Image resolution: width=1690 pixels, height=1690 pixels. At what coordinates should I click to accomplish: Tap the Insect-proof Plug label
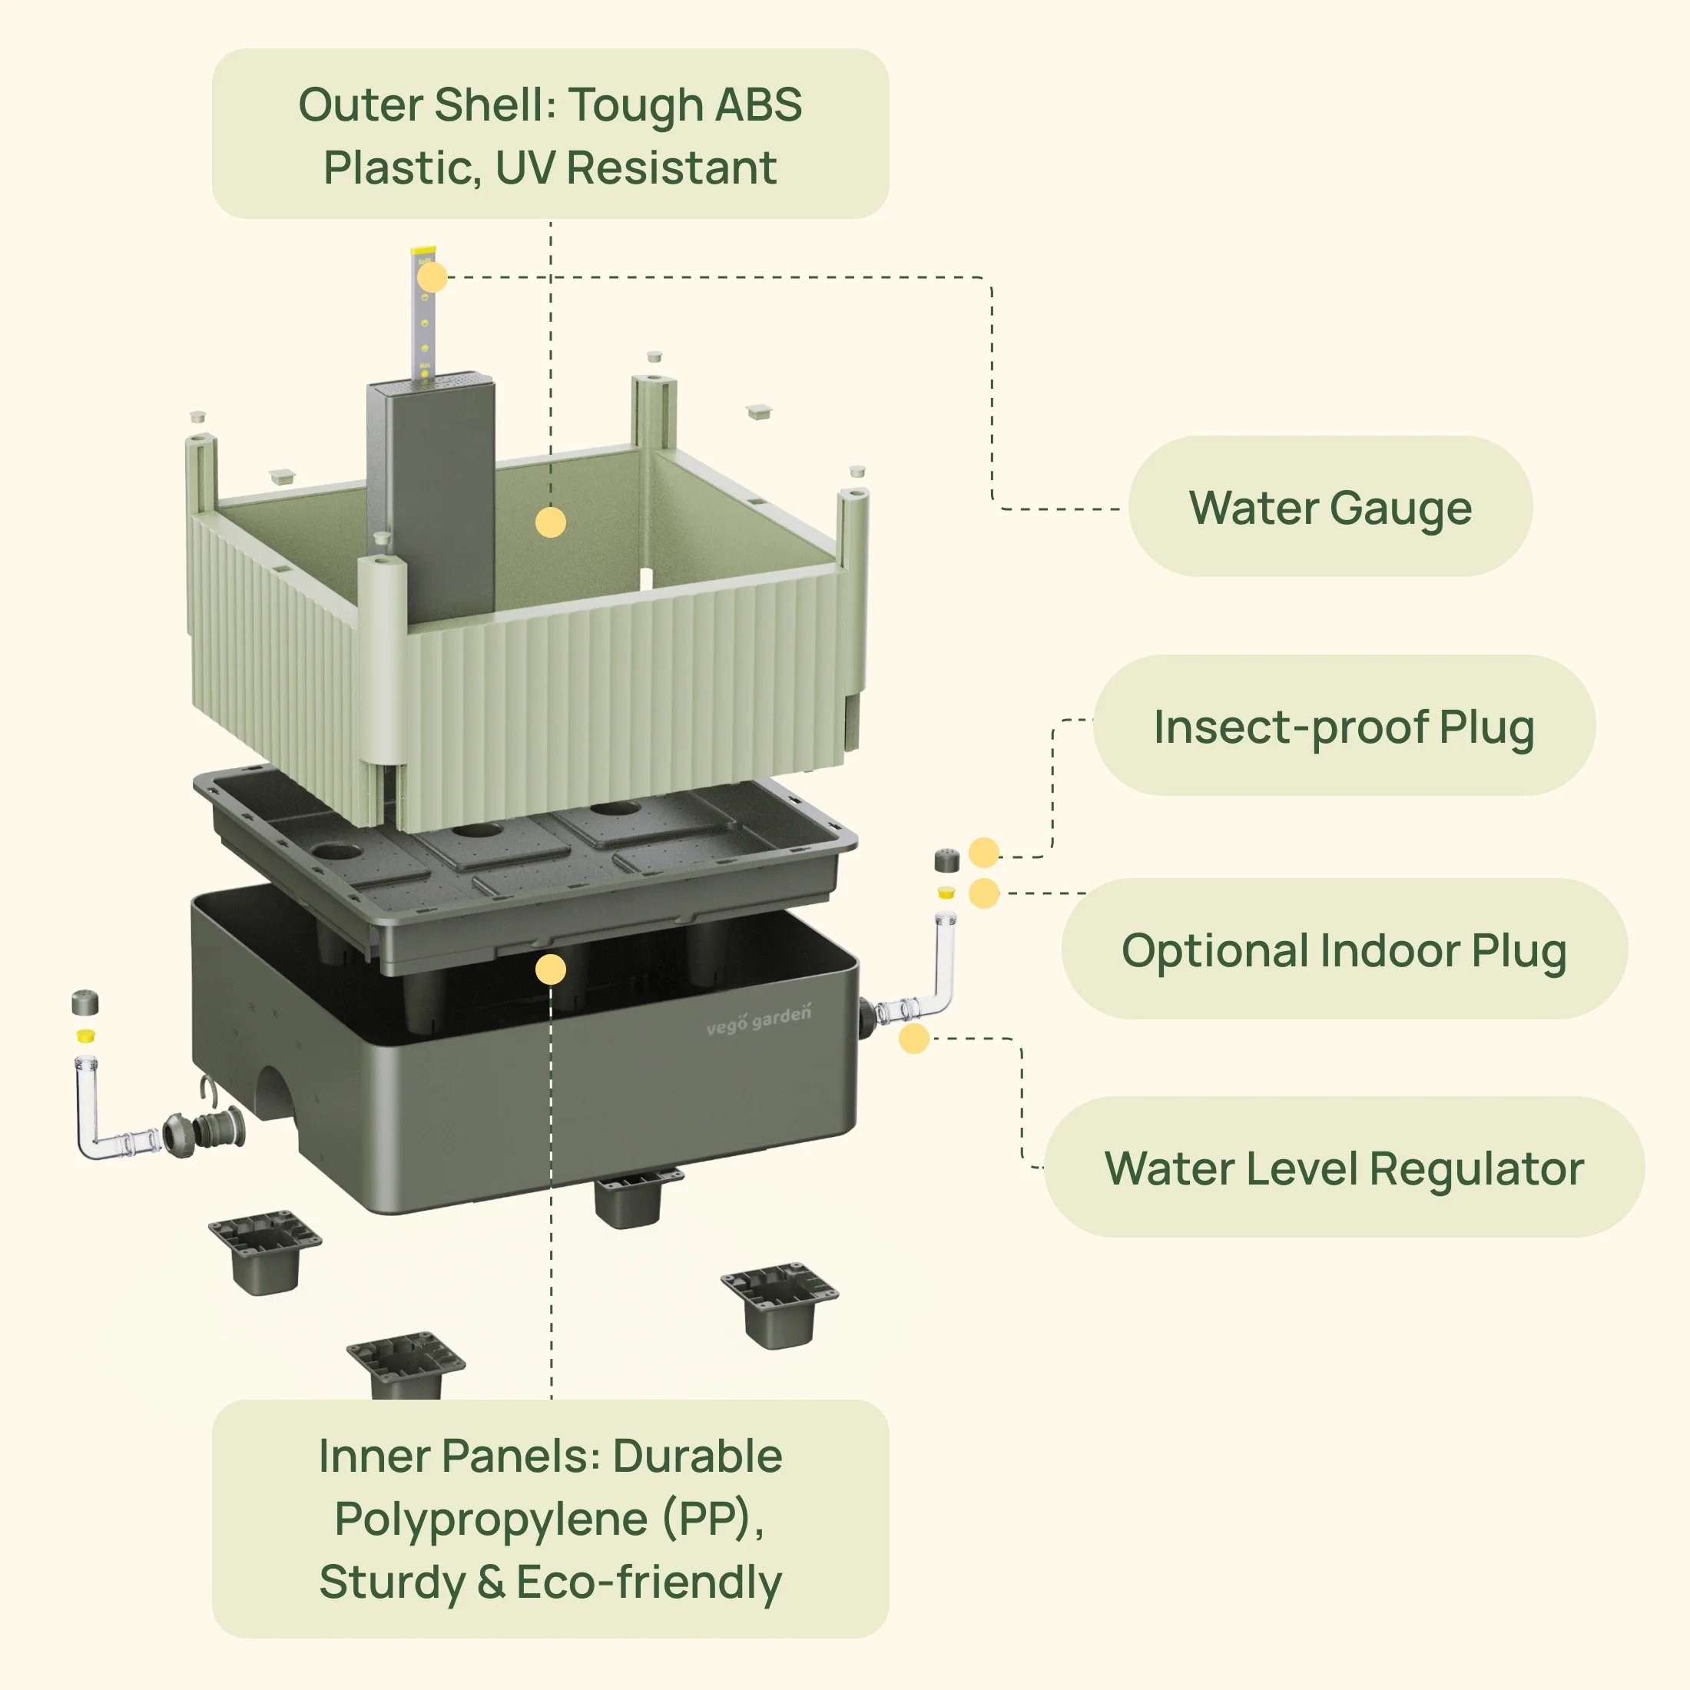tap(1344, 726)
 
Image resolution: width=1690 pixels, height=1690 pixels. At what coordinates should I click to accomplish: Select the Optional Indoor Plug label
tap(1344, 950)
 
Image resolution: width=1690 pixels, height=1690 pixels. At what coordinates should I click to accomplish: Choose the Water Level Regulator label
tap(1344, 1168)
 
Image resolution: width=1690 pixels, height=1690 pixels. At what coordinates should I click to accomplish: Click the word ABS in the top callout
tap(757, 105)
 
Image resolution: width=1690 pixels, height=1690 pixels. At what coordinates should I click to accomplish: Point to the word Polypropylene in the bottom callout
tap(491, 1519)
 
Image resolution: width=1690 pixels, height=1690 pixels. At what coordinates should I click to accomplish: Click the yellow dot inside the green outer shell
tap(550, 522)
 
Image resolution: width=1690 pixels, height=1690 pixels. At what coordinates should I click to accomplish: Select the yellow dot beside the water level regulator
tap(914, 1039)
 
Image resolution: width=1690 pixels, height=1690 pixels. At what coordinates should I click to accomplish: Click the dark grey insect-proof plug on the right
tap(946, 860)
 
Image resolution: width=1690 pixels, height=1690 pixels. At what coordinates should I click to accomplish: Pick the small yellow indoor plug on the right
tap(946, 893)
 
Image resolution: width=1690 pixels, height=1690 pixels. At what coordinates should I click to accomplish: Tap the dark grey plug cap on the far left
tap(84, 1002)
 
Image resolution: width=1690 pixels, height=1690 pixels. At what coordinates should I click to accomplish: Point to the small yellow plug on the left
tap(84, 1036)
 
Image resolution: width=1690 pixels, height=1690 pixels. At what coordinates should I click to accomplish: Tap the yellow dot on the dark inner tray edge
tap(550, 969)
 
